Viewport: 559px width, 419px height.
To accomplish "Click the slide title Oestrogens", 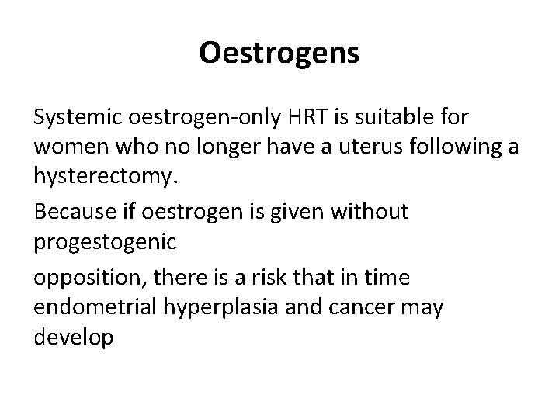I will (279, 53).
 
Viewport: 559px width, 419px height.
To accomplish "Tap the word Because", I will (73, 212).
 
